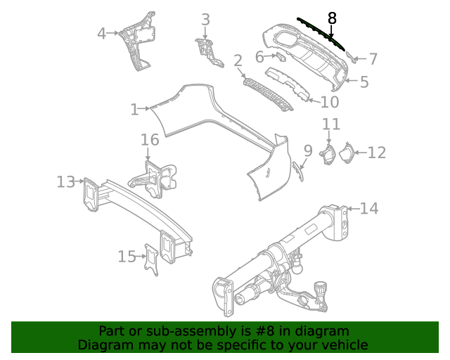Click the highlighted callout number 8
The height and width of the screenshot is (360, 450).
point(332,18)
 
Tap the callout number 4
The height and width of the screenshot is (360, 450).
point(102,33)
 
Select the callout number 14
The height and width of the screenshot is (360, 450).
point(369,208)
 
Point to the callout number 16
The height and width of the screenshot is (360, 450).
point(150,140)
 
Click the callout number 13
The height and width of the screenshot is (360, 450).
point(65,182)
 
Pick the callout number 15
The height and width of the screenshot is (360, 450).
point(127,257)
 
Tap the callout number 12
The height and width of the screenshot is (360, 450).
point(377,153)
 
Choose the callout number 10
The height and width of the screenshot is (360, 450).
point(329,102)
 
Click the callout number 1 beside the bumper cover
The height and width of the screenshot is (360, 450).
point(134,109)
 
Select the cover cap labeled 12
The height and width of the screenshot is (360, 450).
point(347,154)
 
